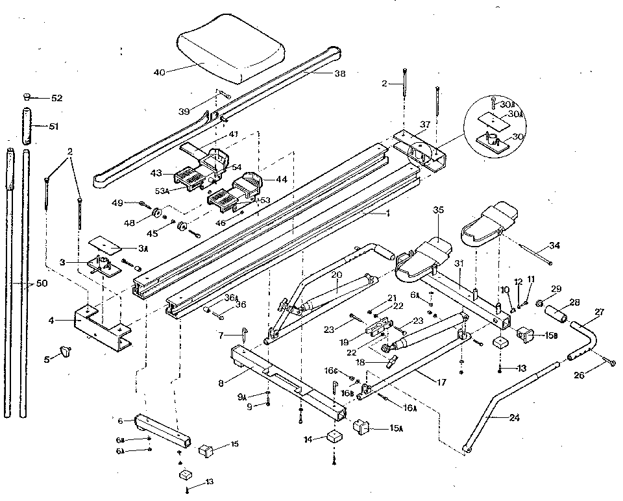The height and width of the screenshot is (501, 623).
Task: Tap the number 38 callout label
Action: (340, 74)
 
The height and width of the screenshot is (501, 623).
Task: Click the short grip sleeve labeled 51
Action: (26, 127)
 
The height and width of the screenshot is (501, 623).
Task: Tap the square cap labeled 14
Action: (335, 435)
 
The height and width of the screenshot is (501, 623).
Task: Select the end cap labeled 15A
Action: (360, 427)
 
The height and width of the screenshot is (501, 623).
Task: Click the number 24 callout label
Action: (515, 417)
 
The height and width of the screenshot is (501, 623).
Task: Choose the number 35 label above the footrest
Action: (438, 210)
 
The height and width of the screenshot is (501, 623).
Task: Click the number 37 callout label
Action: (424, 125)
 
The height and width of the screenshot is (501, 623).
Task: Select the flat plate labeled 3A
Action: (107, 242)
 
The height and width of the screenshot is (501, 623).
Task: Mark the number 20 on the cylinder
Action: (336, 274)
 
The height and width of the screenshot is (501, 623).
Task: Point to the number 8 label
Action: (221, 384)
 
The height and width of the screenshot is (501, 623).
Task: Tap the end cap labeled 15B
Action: (525, 334)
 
